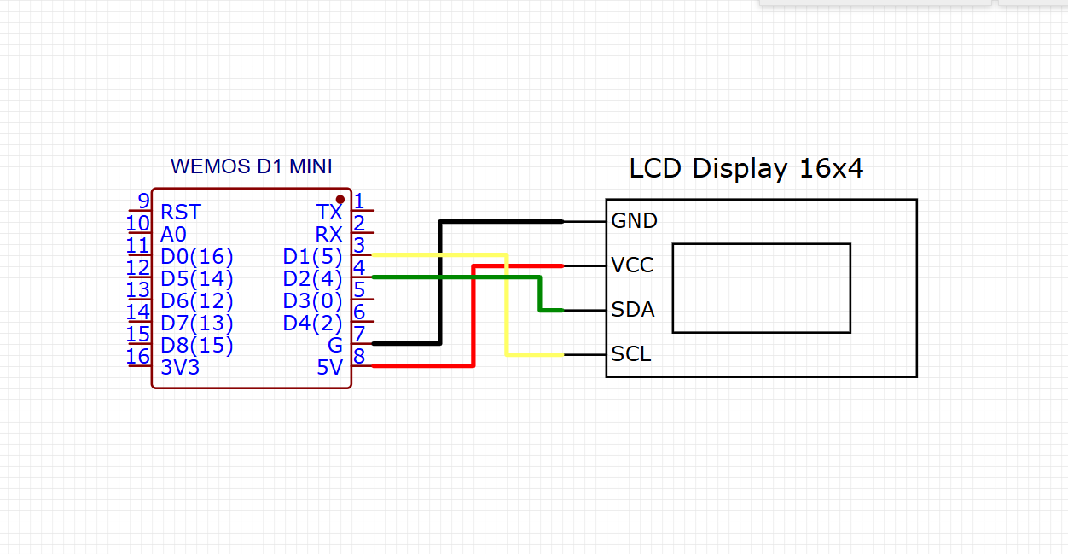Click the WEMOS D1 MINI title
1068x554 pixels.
251,166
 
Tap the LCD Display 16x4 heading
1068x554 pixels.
746,168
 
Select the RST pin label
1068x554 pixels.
181,212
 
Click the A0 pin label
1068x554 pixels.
173,234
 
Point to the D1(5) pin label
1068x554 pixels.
312,257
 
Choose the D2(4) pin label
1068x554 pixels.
312,278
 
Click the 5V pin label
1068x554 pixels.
329,367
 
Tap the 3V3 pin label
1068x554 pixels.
180,367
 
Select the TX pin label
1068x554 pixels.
329,212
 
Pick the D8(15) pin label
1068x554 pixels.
196,346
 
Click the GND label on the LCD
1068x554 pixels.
634,221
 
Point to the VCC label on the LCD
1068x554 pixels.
632,265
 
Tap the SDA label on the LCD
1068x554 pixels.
633,310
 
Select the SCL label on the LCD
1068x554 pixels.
630,354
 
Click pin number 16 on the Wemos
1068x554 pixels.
138,356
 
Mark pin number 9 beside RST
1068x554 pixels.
144,201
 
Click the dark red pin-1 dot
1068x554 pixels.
340,199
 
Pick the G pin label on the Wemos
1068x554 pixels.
334,345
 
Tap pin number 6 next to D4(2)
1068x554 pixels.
359,312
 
